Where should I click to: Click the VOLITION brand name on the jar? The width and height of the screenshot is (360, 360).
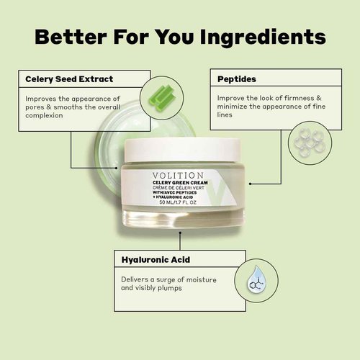point(179,175)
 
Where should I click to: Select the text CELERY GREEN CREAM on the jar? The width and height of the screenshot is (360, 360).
point(178,183)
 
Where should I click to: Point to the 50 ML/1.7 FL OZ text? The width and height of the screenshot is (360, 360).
point(178,202)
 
